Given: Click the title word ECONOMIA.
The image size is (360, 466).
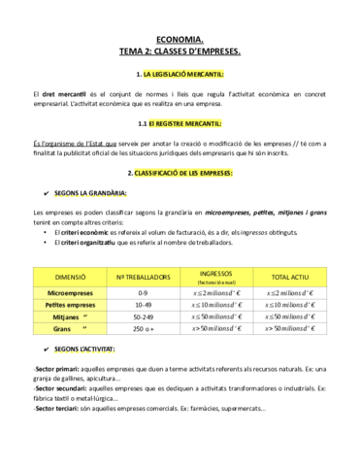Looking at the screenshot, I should point(180,38).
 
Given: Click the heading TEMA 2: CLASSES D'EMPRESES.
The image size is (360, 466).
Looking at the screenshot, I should point(180,50).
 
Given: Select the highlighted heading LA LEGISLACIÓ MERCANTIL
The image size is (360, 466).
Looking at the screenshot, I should point(184,74).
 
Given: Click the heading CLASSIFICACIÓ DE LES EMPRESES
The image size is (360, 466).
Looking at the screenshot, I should point(185,174).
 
